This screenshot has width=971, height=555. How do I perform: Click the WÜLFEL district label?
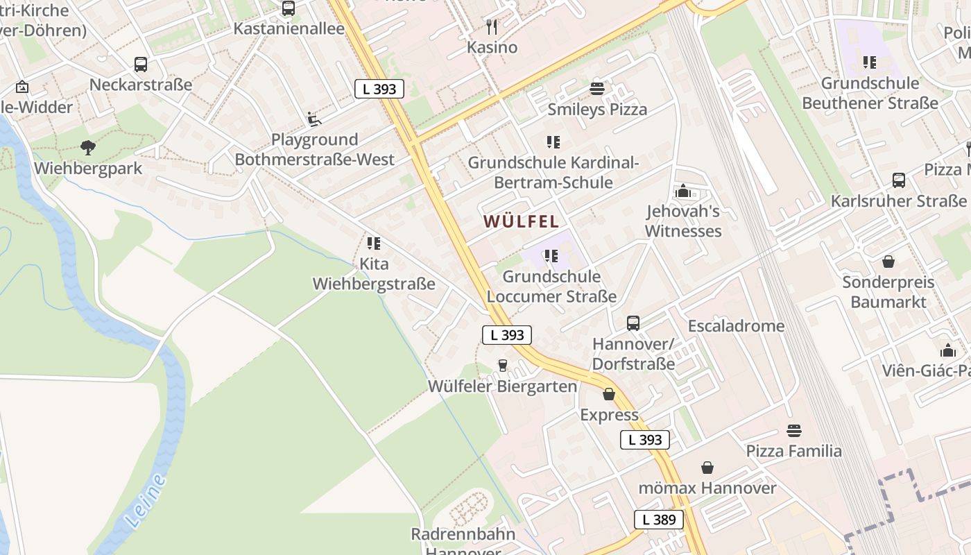(x=521, y=221)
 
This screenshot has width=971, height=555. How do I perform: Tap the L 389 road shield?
(x=658, y=520)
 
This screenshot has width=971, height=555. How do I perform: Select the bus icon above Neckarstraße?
(x=141, y=65)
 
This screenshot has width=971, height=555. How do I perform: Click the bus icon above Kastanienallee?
(x=289, y=8)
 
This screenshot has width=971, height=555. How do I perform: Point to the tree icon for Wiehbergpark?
(x=87, y=147)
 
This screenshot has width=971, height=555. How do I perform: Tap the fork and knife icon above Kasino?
(x=492, y=27)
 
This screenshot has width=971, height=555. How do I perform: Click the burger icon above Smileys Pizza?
(x=597, y=89)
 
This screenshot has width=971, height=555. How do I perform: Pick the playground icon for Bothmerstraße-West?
(x=314, y=119)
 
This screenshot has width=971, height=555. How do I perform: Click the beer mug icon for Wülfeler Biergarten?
(x=503, y=366)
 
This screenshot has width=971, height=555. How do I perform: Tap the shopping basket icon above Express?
(x=609, y=394)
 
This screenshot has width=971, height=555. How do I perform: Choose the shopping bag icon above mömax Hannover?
(x=707, y=468)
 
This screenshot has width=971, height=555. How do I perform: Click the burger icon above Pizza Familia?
(x=794, y=431)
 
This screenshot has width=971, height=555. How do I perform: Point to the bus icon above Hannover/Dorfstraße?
(x=633, y=323)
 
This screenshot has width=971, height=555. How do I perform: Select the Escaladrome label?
(x=736, y=326)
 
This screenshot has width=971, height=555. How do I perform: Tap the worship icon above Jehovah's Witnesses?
(x=683, y=191)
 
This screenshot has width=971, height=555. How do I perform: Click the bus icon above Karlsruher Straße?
(x=899, y=180)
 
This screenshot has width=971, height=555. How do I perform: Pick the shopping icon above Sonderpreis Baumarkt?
(x=888, y=262)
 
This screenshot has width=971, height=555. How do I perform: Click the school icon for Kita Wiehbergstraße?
(x=374, y=244)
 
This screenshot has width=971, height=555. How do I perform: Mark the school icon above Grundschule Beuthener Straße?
(x=870, y=62)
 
